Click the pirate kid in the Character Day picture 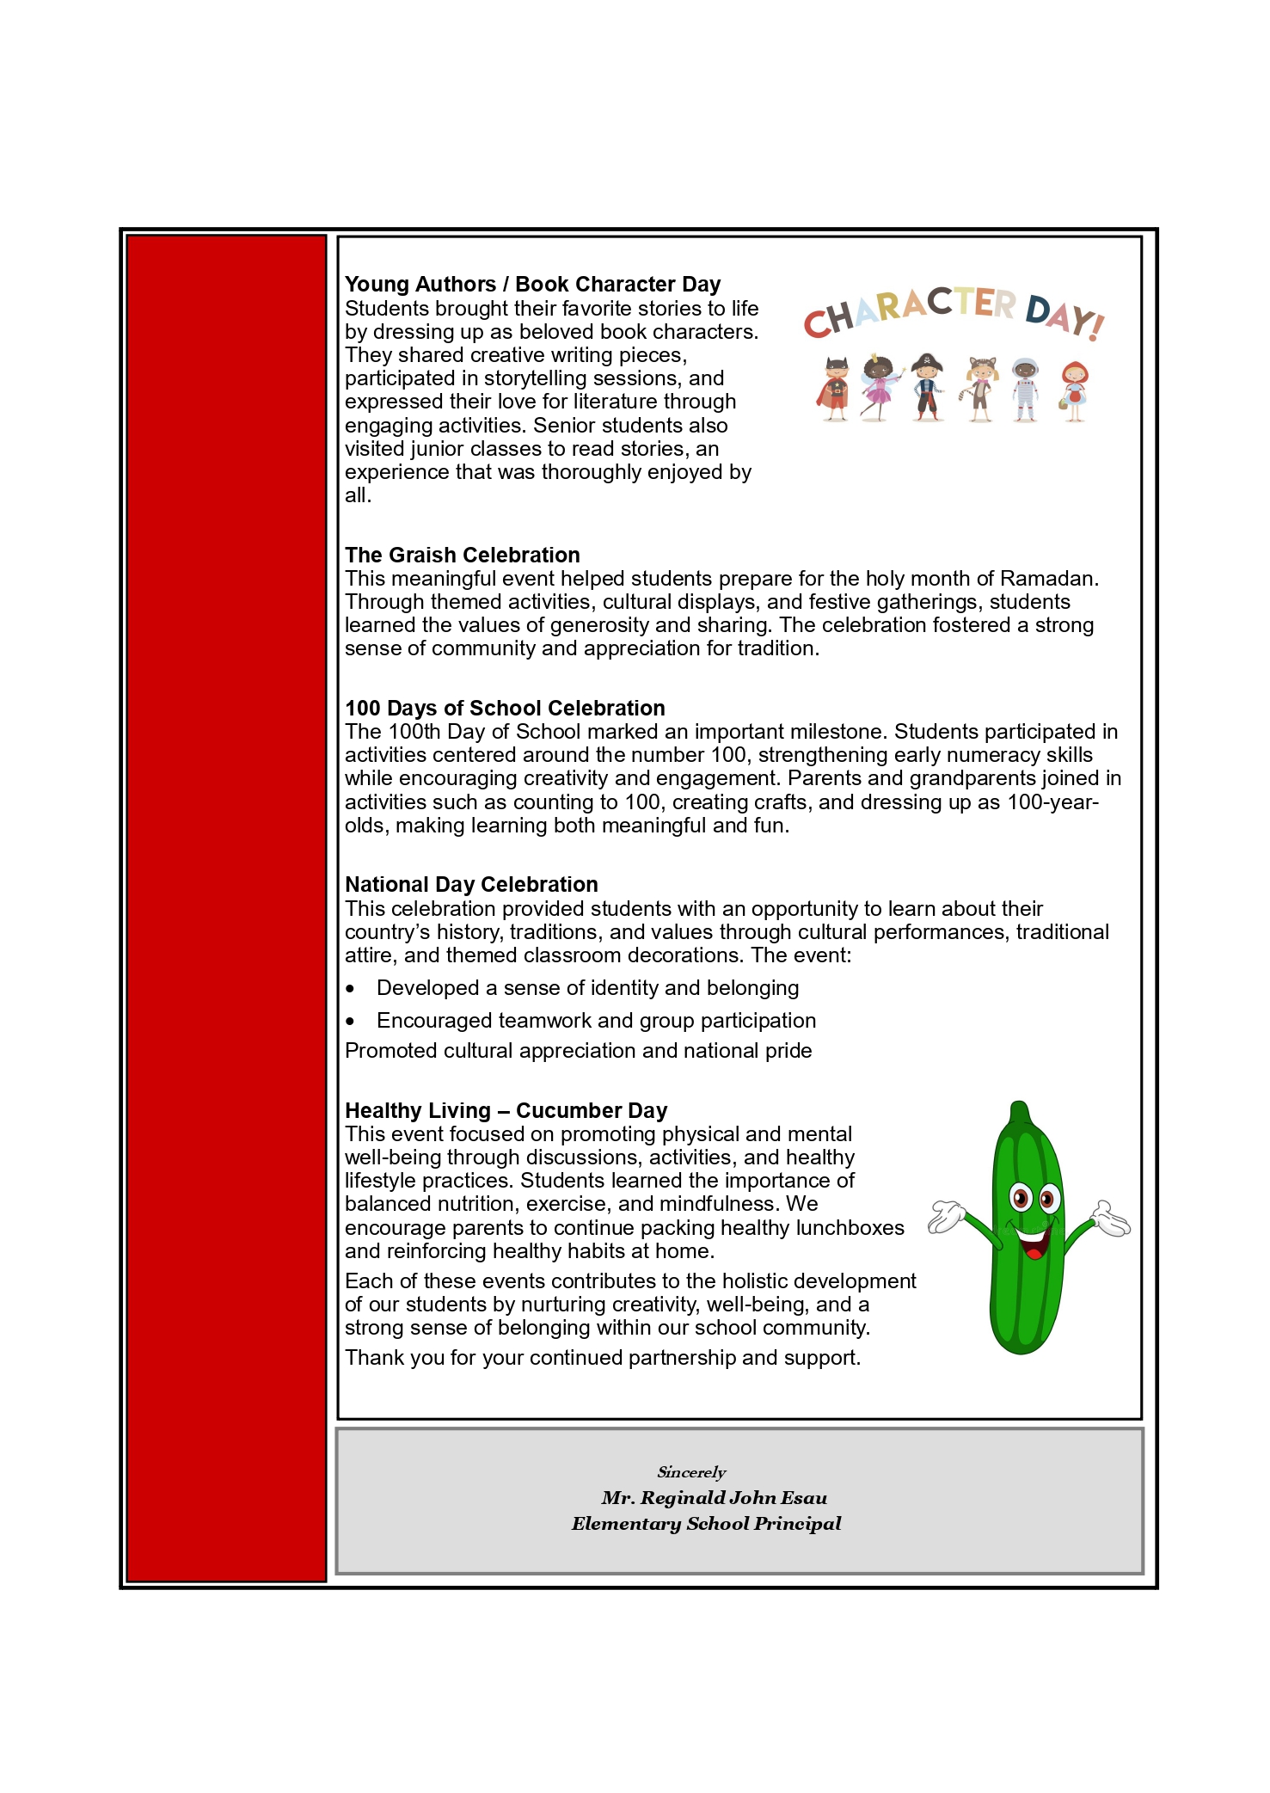click(x=926, y=388)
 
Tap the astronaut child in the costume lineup click(x=1024, y=390)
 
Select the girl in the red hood click(x=1074, y=391)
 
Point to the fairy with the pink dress click(x=878, y=387)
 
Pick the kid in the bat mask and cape click(x=834, y=389)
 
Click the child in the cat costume click(x=979, y=389)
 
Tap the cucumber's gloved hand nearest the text click(x=947, y=1216)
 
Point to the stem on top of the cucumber click(x=1020, y=1112)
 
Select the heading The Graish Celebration click(x=463, y=556)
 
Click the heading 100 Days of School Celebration click(x=505, y=709)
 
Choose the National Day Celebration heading click(x=471, y=885)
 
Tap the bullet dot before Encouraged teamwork click(x=350, y=1022)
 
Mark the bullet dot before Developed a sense click(x=350, y=989)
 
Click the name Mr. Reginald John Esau click(x=714, y=1498)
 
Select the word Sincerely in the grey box click(x=691, y=1472)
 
